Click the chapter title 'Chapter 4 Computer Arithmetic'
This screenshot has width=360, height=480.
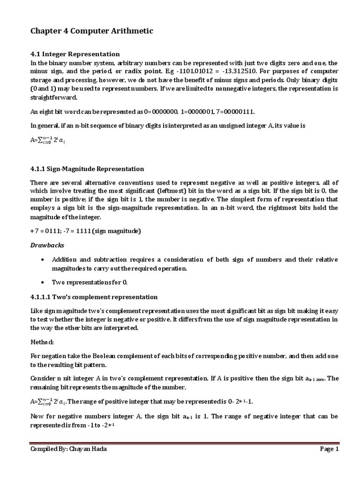(x=91, y=31)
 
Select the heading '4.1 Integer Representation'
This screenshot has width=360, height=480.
(x=75, y=54)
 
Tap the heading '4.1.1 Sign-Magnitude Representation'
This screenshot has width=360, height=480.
(x=87, y=169)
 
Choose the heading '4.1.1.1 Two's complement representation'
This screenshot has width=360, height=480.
(x=94, y=297)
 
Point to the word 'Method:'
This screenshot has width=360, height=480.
(x=43, y=342)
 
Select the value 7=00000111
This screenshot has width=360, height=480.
(x=240, y=111)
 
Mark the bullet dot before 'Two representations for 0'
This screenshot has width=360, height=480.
(x=43, y=283)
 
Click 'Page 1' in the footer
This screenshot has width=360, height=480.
(x=329, y=449)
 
